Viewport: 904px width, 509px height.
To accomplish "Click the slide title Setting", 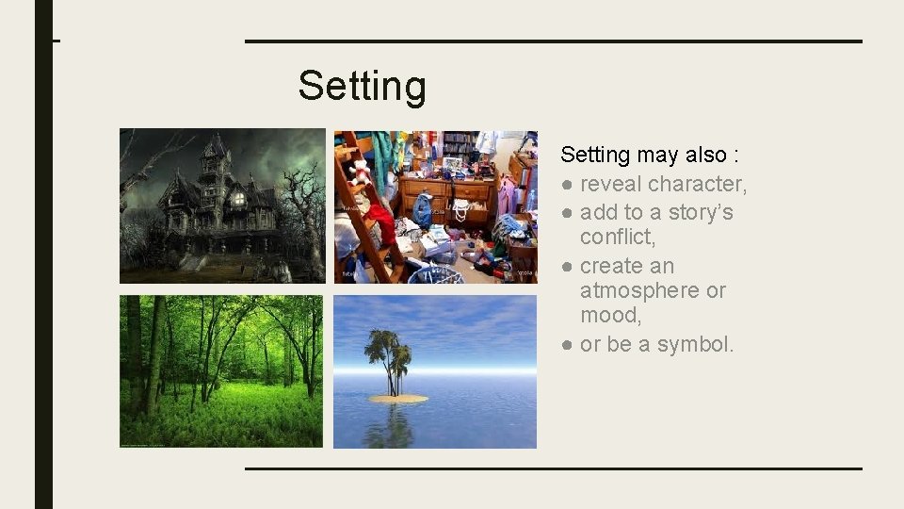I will point(362,86).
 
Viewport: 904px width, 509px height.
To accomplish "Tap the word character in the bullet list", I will point(698,184).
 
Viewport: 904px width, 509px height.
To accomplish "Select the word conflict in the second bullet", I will point(617,237).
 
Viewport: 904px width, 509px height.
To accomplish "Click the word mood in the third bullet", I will point(610,315).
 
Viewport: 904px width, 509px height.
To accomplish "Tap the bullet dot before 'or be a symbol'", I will point(567,345).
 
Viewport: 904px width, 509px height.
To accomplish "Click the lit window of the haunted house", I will point(238,199).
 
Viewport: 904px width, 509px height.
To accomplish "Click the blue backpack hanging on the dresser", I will point(423,209).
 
